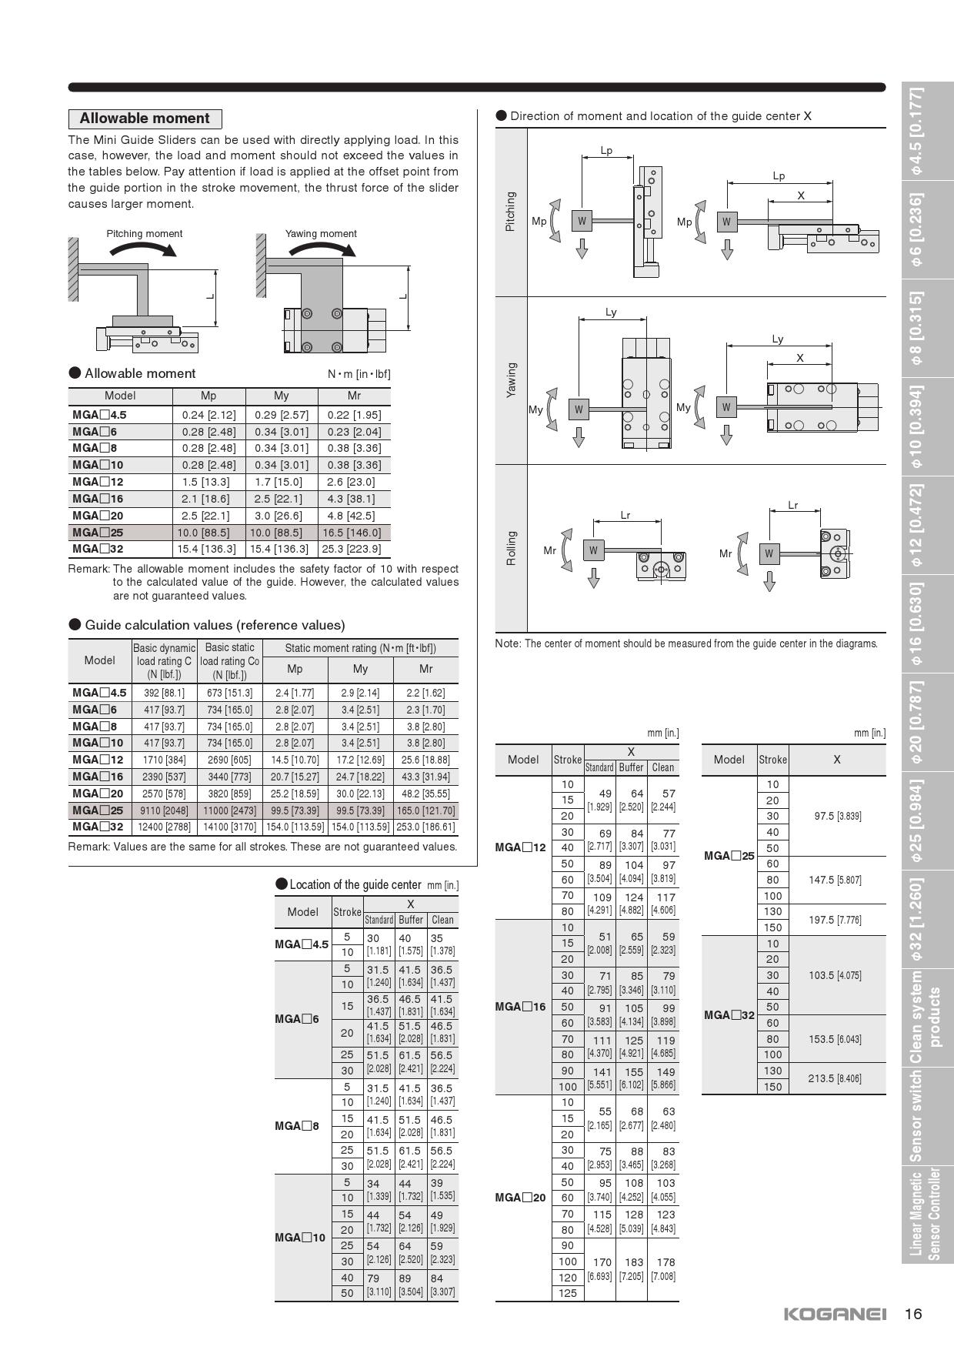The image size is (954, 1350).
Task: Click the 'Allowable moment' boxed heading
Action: [145, 119]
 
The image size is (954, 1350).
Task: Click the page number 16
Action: [913, 1314]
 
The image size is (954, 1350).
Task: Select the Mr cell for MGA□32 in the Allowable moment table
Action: [354, 549]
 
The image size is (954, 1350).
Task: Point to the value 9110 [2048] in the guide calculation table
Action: [164, 810]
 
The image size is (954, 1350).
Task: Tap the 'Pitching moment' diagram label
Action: [145, 234]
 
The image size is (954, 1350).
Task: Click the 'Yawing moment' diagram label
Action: [321, 234]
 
